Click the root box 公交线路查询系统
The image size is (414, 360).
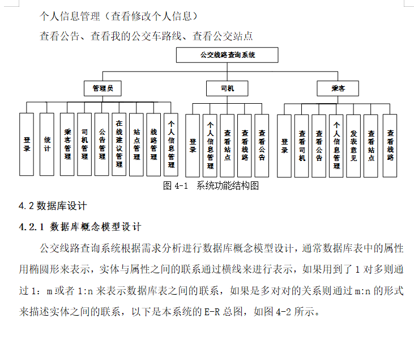point(227,55)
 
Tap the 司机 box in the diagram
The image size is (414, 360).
point(227,88)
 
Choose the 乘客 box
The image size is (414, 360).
point(338,88)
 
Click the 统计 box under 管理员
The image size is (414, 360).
point(47,144)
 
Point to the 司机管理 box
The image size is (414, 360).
point(84,144)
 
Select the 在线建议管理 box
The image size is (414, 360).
point(119,144)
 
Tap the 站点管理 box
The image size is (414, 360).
point(136,144)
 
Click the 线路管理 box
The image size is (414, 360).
point(153,144)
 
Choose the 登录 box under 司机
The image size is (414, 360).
point(193,146)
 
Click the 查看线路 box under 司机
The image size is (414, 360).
point(244,146)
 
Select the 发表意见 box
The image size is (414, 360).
point(353,146)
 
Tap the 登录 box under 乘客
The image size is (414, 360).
point(284,146)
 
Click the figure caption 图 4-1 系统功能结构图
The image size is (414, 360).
point(211,185)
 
